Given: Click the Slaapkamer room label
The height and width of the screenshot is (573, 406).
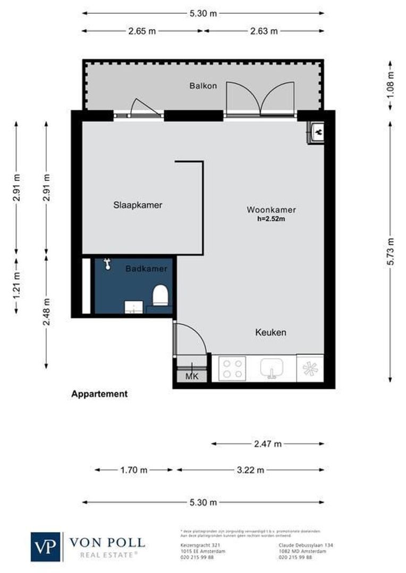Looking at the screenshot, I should [138, 205].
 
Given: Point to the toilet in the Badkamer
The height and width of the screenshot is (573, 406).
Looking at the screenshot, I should [160, 296].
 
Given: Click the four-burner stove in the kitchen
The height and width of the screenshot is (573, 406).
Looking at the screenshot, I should [233, 368].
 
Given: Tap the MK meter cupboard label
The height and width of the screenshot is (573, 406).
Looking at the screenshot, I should [191, 376].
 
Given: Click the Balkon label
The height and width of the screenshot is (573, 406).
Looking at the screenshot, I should [203, 85].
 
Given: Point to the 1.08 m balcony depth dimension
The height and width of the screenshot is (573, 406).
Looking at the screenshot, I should [391, 85].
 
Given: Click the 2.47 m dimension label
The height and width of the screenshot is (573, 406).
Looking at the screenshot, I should [267, 444].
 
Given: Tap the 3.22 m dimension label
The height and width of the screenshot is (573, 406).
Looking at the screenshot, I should [250, 470].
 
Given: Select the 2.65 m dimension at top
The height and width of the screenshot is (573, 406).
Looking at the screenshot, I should [142, 31].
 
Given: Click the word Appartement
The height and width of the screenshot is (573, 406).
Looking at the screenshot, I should [99, 394].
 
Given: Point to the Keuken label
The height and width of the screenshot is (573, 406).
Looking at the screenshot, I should [270, 333].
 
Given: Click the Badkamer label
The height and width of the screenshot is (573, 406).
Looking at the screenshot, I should [146, 269].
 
